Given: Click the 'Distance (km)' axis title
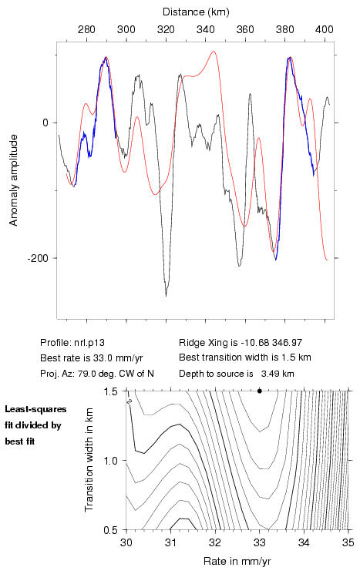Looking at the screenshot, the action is click(x=196, y=12).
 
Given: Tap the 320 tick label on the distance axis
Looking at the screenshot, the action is click(x=166, y=29).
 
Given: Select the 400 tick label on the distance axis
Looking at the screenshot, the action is click(x=325, y=29).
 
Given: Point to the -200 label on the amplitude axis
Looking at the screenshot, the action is click(x=39, y=258).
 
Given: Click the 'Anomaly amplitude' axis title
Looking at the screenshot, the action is click(x=14, y=180).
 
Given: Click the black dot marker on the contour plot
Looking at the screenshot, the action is click(x=260, y=391).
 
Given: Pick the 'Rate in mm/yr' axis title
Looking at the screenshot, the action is click(x=237, y=561).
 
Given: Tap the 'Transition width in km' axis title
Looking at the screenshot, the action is click(x=89, y=460).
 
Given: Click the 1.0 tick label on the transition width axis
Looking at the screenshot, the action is click(x=110, y=461).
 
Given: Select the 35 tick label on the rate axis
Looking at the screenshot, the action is click(x=348, y=542).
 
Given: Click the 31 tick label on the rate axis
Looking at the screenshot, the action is click(x=170, y=542).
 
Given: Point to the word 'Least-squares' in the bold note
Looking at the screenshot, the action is click(x=35, y=409).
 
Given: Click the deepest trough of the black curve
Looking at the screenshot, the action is click(x=166, y=296).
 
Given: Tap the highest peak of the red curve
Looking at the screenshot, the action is click(x=213, y=52).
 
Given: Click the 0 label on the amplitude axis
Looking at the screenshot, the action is click(x=45, y=123).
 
